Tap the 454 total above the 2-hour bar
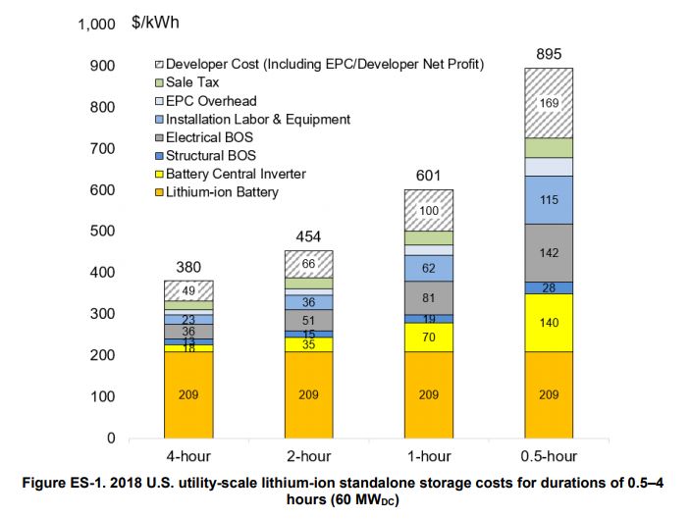coord(308,237)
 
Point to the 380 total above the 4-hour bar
coord(188,267)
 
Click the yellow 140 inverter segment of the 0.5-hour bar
coord(549,322)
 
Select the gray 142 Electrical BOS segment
coord(549,252)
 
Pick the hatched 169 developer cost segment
coord(549,103)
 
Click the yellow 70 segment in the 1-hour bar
coord(428,337)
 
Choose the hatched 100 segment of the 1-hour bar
coord(428,210)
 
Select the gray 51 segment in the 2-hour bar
coord(308,320)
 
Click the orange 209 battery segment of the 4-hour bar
coord(188,394)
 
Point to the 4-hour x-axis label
coord(188,456)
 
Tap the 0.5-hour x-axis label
coord(549,456)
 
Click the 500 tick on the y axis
coord(102,231)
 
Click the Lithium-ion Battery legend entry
coord(221,192)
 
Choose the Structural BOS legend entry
coord(210,155)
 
